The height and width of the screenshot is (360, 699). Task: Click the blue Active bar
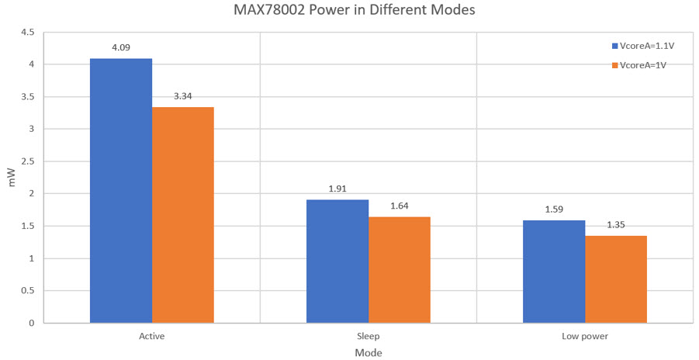coord(121,190)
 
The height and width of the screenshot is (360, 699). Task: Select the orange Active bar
coord(183,214)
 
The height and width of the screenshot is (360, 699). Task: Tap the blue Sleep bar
coord(337,261)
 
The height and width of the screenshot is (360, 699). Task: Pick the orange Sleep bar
coord(400,269)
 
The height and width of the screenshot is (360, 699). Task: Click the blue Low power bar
coord(554,271)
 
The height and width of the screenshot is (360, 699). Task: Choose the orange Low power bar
coord(616,279)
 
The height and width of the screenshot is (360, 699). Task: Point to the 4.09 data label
coord(121,47)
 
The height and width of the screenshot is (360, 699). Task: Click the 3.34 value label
coord(183,96)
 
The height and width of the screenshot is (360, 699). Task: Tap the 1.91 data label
coord(337,189)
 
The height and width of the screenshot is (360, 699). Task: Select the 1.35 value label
coord(616,225)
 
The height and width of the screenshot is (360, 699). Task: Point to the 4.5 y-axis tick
coord(27,33)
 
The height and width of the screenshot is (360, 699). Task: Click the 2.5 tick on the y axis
coord(27,161)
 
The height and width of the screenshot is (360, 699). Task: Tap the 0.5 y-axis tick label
coord(27,290)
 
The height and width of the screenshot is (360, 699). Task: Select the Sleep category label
coord(369,337)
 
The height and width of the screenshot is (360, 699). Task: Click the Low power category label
coord(585,337)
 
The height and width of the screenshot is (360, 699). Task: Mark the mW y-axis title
coord(11,178)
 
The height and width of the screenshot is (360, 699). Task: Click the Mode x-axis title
coord(369,352)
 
